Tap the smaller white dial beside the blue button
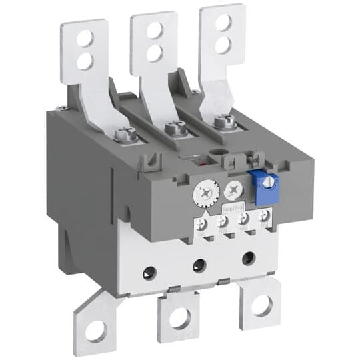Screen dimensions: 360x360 point(232,191)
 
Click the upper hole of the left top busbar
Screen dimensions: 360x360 point(85,39)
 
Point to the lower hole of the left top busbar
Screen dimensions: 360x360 point(85,61)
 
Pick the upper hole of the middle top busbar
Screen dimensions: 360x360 point(154,30)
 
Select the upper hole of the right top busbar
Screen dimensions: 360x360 point(224,22)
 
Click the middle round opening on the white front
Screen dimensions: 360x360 point(199,265)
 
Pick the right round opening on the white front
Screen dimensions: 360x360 point(247,257)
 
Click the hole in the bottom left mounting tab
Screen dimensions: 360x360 point(94,329)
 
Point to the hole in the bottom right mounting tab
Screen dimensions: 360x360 point(261,306)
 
